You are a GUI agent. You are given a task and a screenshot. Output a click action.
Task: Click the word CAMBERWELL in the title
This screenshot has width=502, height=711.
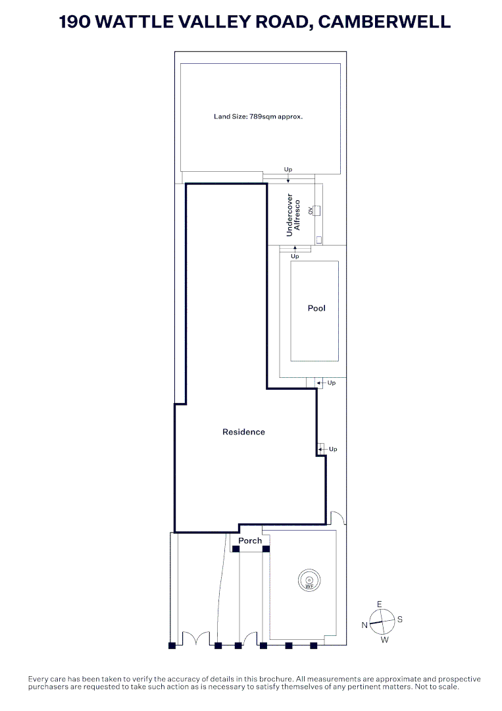coord(384,21)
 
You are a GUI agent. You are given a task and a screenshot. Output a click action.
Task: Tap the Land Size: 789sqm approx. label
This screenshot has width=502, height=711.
coord(262,117)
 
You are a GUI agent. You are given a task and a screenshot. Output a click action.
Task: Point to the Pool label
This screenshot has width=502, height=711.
coord(316,308)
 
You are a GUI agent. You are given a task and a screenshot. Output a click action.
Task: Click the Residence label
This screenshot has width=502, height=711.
coord(243,432)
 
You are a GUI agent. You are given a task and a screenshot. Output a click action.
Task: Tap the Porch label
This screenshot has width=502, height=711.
coord(250,540)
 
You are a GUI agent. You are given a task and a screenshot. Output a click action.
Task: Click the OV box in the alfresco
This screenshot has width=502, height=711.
coord(316,211)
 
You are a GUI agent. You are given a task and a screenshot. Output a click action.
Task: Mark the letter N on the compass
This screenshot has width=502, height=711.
coord(364,625)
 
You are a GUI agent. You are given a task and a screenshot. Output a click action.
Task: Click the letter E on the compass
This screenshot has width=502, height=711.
coord(379,604)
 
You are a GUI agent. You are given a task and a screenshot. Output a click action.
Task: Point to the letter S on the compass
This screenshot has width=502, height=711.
coord(400,619)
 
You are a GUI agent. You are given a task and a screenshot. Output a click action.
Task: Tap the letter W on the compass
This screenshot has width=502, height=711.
coord(385,640)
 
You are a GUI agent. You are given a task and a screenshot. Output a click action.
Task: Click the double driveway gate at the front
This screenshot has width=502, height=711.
coord(195,639)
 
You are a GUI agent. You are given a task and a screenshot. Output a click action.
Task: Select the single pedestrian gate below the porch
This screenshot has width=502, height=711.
coord(250,639)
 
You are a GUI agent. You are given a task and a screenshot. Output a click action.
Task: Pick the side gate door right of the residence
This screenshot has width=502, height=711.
coord(336,518)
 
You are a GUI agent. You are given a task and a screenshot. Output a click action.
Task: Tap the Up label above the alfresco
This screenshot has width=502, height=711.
coord(288,170)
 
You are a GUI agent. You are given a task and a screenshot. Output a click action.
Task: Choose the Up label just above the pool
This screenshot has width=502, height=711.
coord(295,256)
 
